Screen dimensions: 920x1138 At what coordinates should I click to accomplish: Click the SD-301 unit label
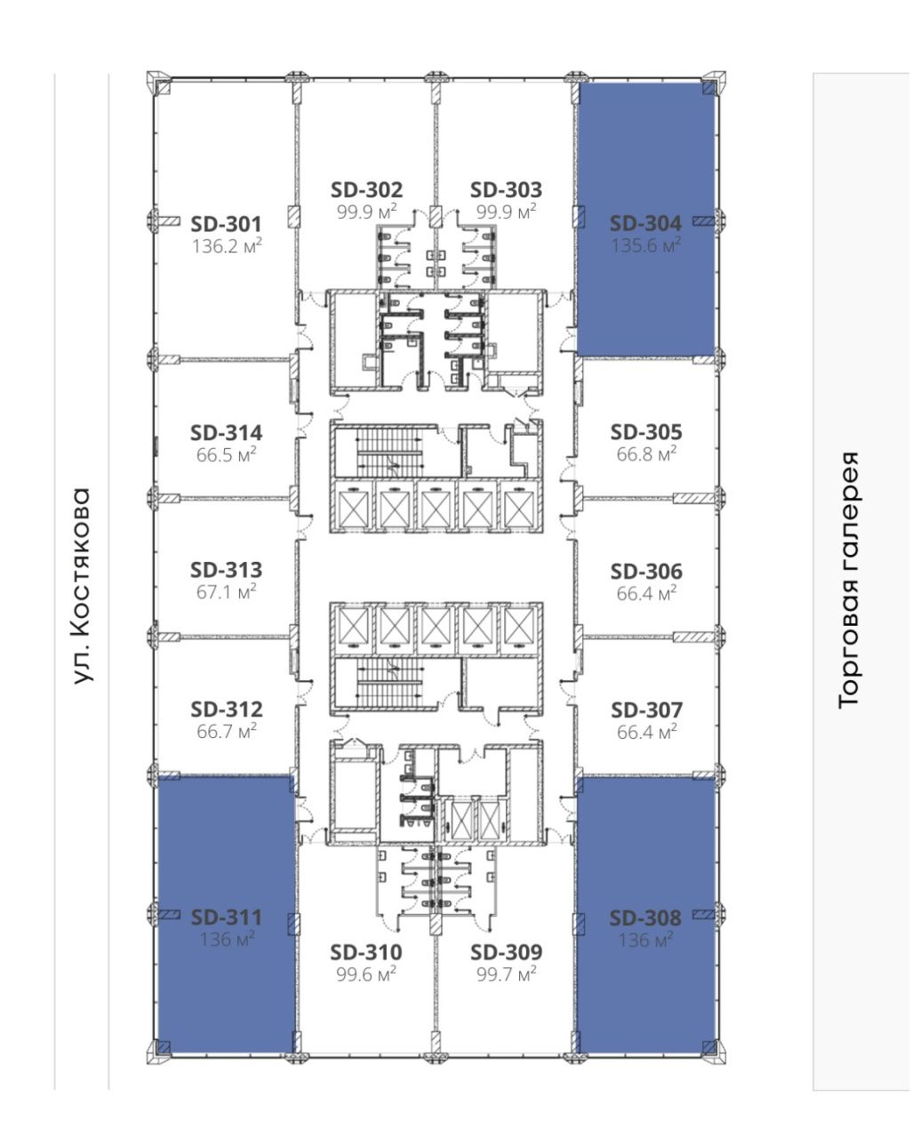click(x=226, y=224)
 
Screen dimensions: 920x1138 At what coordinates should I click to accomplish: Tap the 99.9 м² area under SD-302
click(x=366, y=212)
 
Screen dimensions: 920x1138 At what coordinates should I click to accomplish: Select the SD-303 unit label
click(x=506, y=189)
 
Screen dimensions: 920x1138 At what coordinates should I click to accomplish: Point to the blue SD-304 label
click(x=645, y=223)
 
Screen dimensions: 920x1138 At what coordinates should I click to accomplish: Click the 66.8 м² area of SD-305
click(x=646, y=454)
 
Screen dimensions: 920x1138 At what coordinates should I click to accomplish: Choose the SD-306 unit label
click(x=646, y=572)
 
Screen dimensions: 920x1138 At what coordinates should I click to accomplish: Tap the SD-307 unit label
click(x=646, y=710)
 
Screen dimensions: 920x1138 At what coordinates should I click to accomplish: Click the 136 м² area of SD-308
click(x=645, y=940)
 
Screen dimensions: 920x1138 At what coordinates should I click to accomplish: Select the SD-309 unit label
click(x=506, y=952)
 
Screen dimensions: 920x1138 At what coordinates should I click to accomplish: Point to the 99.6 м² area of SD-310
click(x=366, y=974)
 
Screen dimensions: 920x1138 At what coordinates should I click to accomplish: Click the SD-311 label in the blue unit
click(x=226, y=918)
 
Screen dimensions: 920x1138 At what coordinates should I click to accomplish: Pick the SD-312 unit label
click(x=227, y=709)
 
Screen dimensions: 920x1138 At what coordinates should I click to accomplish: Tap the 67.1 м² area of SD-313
click(x=226, y=592)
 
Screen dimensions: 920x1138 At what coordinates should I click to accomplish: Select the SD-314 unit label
click(x=226, y=433)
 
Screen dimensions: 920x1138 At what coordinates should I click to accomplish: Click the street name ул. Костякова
click(x=81, y=586)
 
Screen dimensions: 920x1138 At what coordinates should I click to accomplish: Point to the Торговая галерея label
click(x=848, y=581)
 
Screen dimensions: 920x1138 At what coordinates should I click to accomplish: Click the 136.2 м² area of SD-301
click(x=227, y=246)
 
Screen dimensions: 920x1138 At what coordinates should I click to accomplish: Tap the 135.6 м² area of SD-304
click(x=646, y=245)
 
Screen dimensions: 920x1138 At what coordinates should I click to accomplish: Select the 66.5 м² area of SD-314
click(x=226, y=454)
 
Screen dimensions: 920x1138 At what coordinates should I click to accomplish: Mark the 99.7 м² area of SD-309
click(x=506, y=974)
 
